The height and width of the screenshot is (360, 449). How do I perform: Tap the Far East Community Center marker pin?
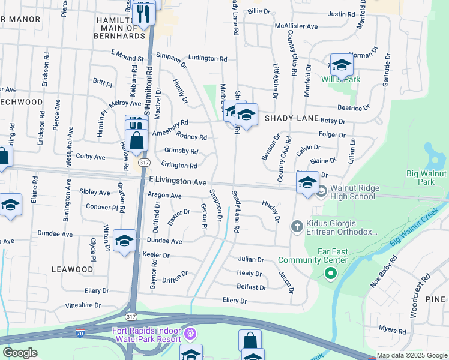click(330, 274)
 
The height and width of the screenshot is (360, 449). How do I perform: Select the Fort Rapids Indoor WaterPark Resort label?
click(146, 335)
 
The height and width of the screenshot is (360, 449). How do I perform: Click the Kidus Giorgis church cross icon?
click(296, 226)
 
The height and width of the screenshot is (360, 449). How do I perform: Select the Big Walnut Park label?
click(427, 178)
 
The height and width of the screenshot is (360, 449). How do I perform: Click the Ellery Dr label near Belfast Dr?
click(234, 301)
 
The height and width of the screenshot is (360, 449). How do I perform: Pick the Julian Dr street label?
click(251, 260)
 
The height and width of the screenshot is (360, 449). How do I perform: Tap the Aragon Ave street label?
click(164, 196)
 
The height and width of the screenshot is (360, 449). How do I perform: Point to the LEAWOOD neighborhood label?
click(72, 269)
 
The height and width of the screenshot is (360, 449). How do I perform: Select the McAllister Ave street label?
click(296, 26)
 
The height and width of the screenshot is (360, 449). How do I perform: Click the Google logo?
click(20, 353)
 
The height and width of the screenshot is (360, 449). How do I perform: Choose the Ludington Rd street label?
click(208, 59)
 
